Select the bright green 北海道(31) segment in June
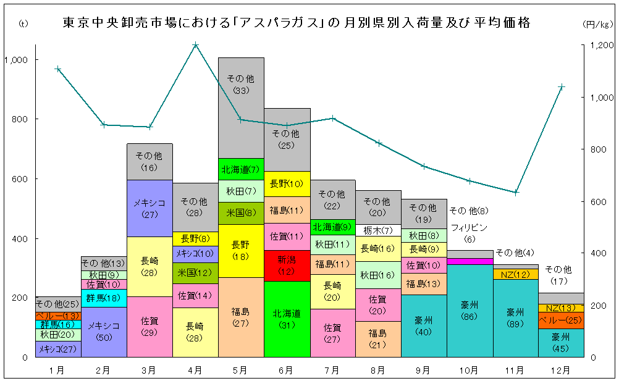[287, 319]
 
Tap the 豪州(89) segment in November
[515, 317]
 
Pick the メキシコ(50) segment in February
[104, 332]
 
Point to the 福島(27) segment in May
[241, 317]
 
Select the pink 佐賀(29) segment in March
[149, 326]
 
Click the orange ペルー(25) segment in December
[561, 320]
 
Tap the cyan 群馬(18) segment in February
[104, 298]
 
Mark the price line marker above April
[195, 45]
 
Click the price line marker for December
[561, 87]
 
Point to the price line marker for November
[515, 192]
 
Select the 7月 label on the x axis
[332, 370]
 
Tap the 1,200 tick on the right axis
[600, 45]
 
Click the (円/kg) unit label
[597, 24]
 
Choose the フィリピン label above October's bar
[470, 227]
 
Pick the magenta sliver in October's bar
[470, 261]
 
